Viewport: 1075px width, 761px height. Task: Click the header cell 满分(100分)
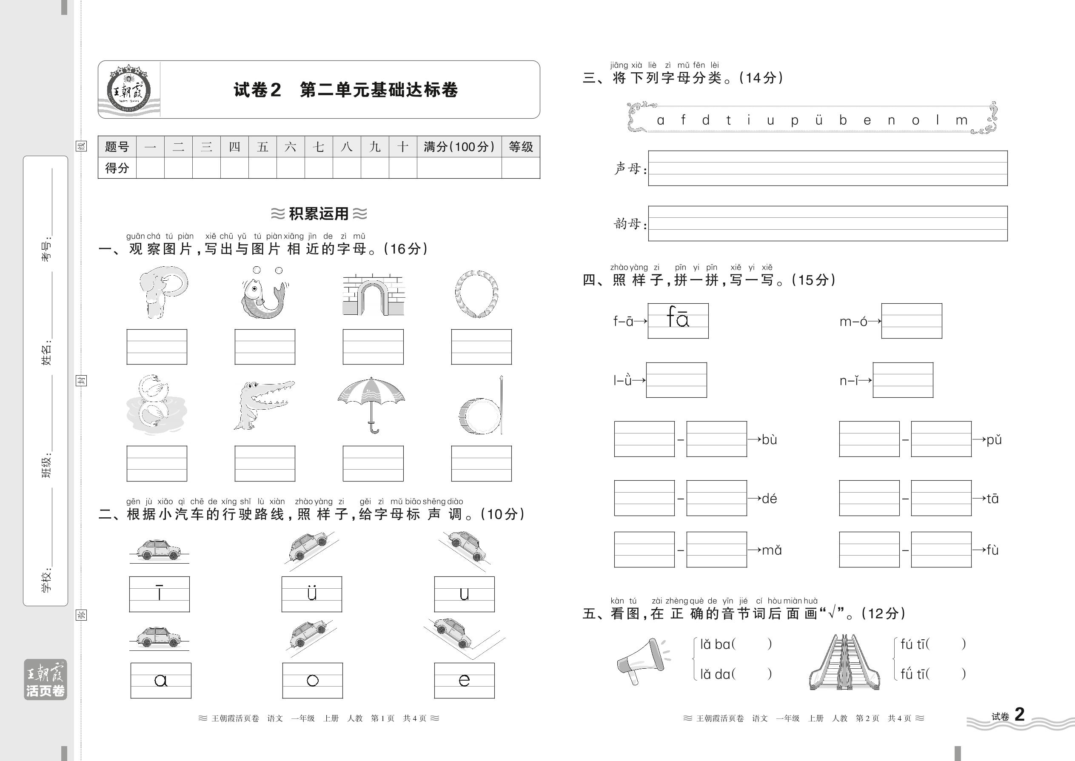pos(459,147)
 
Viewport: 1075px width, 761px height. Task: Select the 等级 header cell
pos(521,147)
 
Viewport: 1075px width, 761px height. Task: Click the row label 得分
pos(117,168)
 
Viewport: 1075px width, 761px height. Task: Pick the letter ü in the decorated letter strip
pos(818,120)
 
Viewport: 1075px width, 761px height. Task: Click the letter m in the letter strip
pos(961,120)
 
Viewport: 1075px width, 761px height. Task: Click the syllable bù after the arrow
pos(770,439)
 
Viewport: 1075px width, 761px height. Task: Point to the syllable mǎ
pos(772,550)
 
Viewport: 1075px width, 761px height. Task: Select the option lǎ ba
pos(715,644)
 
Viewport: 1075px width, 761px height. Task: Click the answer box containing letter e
pos(464,680)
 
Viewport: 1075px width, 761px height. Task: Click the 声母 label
pos(628,168)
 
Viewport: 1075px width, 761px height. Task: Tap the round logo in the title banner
pos(128,89)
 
